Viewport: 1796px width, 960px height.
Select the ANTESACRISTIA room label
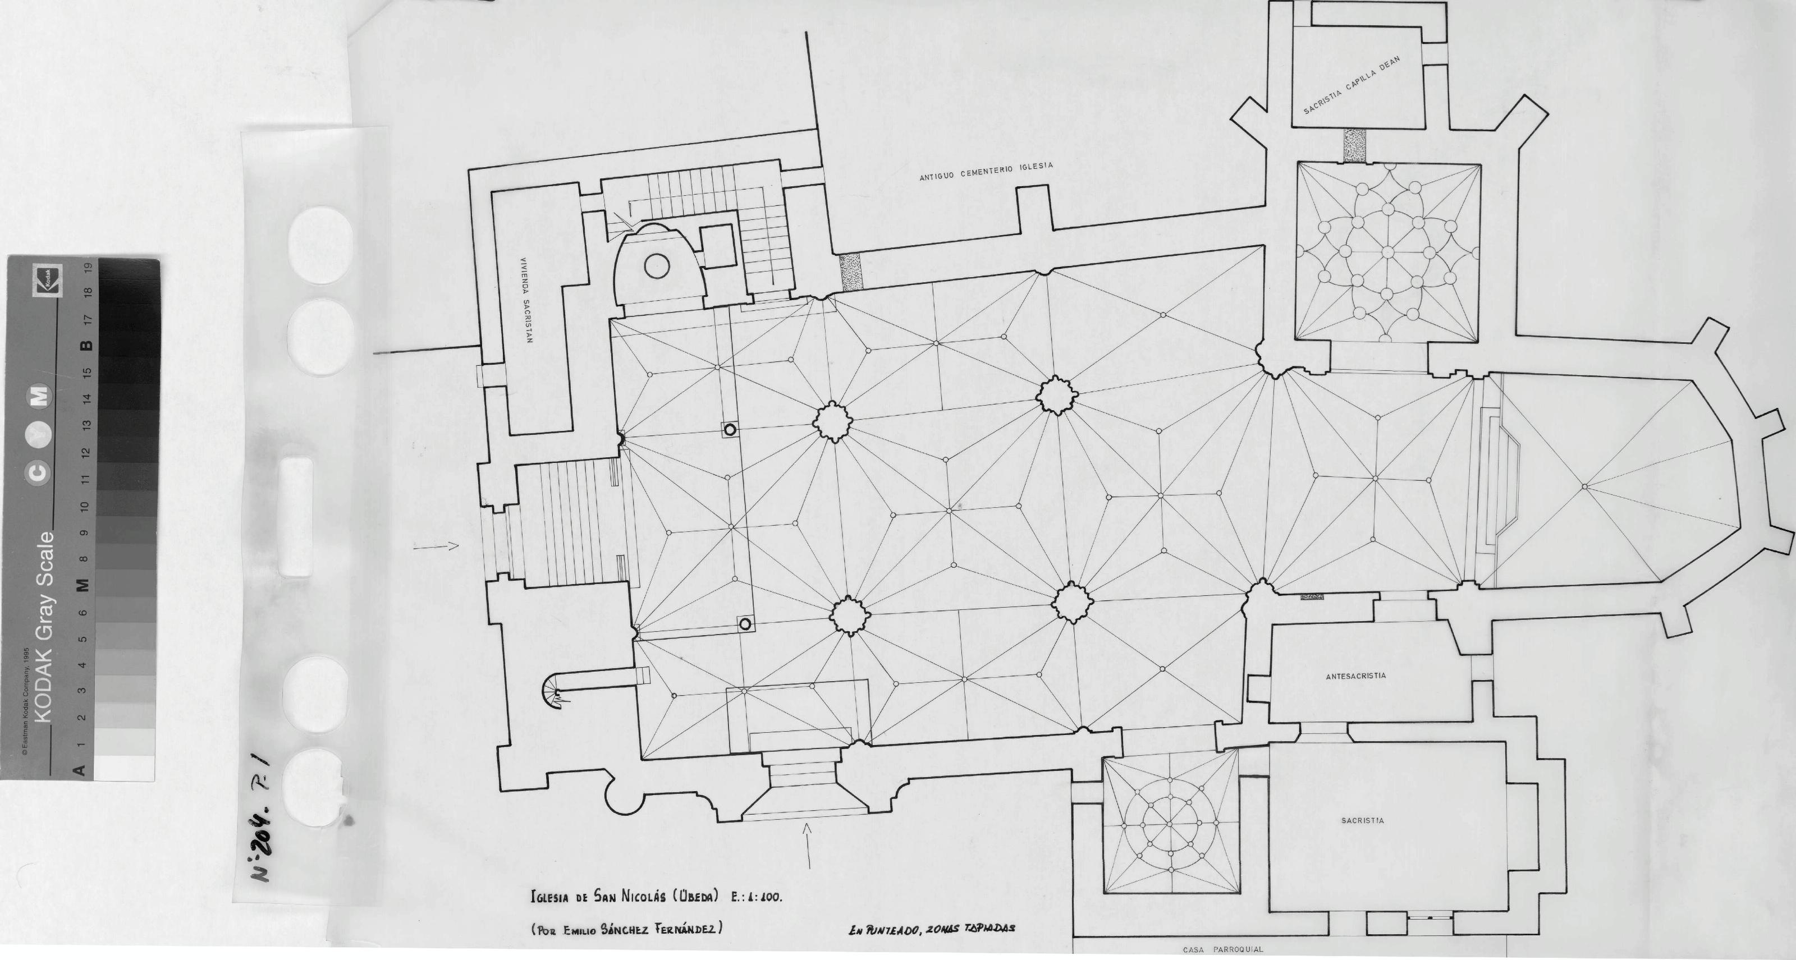(x=1355, y=676)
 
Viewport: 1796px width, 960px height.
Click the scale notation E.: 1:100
(x=757, y=897)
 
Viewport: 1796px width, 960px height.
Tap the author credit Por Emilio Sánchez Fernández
(x=626, y=929)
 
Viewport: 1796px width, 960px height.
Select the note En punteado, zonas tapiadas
(x=932, y=929)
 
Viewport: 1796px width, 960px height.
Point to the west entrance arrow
(x=436, y=546)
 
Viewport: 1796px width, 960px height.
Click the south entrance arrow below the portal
(x=808, y=846)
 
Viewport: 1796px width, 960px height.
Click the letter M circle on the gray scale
(x=38, y=396)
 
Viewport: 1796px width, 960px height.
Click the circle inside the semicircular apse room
(x=656, y=265)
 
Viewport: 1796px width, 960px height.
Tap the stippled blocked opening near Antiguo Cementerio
(x=851, y=272)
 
